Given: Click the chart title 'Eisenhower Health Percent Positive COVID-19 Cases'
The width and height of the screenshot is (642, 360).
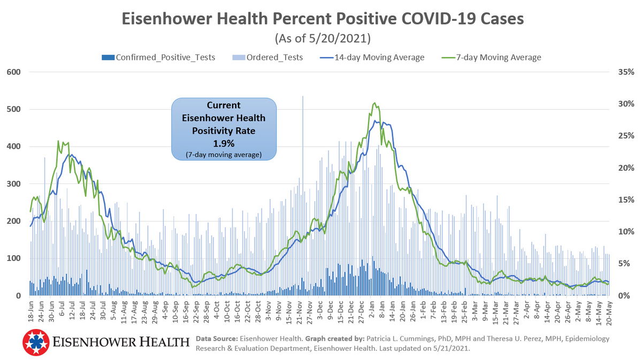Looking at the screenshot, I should [323, 19].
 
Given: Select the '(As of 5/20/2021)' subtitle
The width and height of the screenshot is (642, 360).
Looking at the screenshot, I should [323, 39].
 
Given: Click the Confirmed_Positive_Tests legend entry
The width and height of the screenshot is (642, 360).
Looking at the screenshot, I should [158, 57].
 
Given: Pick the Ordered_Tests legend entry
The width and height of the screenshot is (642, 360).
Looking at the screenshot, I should [267, 57].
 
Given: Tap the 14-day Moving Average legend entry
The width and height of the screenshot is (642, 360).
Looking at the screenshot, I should [372, 57].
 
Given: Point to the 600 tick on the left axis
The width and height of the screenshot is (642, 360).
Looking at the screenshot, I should [13, 72].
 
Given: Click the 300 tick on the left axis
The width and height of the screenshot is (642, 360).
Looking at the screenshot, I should [13, 184].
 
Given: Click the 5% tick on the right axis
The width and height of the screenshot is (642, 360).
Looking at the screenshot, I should [625, 264].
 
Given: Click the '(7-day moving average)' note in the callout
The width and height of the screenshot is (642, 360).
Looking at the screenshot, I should [224, 155].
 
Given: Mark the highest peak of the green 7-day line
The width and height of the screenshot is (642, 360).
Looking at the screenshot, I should [374, 103].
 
